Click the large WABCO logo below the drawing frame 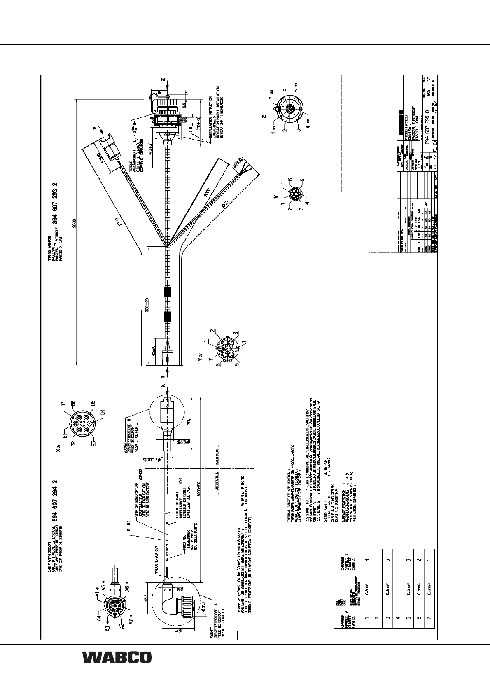point(117,657)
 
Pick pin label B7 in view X point(63,405)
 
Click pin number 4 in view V point(307,202)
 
